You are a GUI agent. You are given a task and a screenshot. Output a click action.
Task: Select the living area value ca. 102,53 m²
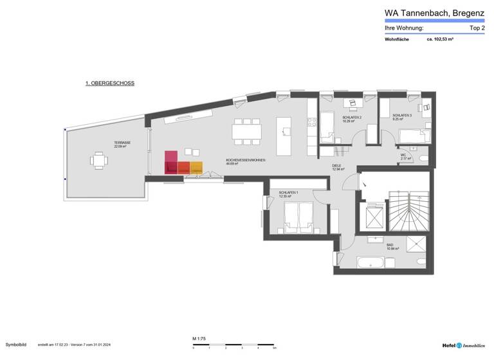(x=441, y=39)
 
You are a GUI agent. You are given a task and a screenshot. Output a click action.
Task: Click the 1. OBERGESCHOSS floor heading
(x=110, y=84)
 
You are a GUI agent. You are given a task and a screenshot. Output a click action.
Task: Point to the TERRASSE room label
(x=122, y=143)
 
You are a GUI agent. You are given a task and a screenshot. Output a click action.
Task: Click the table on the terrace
(x=98, y=160)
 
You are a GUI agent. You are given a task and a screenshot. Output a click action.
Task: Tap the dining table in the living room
(x=248, y=131)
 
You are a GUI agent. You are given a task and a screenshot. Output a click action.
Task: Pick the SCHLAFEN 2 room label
(x=352, y=118)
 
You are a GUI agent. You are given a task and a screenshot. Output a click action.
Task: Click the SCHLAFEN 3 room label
(x=403, y=116)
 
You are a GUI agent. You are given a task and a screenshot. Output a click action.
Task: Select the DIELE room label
(x=338, y=166)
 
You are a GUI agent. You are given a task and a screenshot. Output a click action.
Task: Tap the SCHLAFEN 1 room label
(x=288, y=193)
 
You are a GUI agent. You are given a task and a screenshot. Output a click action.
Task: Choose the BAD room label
(x=389, y=246)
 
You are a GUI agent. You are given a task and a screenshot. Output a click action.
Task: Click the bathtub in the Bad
(x=370, y=262)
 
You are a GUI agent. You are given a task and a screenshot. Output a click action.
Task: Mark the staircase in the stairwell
(x=411, y=212)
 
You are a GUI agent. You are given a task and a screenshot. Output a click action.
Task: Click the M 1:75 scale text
(x=199, y=338)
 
